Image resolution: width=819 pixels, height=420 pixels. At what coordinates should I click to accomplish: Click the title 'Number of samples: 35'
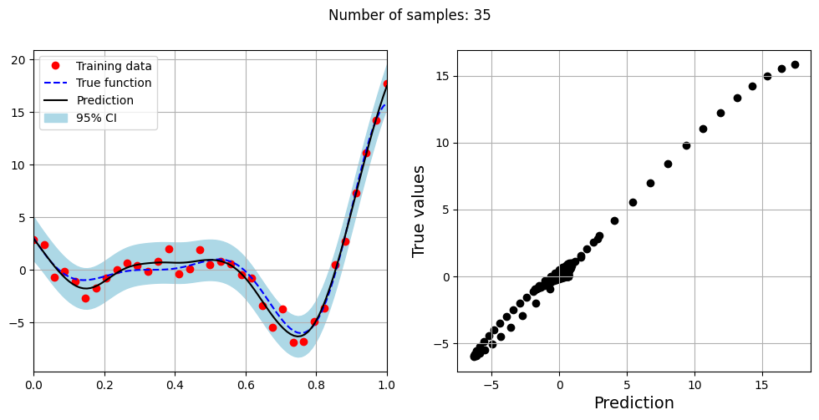(409, 15)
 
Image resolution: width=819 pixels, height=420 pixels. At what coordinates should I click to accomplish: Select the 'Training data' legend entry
(114, 66)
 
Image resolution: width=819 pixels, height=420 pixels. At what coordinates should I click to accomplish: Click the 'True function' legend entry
(114, 83)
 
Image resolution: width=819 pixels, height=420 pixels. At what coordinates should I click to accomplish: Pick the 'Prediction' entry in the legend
(104, 100)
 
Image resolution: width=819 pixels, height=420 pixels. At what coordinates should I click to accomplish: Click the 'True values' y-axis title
(420, 210)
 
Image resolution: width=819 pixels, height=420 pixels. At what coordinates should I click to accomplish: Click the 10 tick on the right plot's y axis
(442, 143)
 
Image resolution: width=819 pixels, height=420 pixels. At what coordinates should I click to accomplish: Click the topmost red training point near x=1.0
(386, 83)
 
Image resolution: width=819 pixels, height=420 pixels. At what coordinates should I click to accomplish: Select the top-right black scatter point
(795, 64)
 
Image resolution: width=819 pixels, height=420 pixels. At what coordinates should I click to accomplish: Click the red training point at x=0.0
(34, 240)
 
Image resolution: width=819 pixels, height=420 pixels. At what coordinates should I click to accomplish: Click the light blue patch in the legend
(56, 117)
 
